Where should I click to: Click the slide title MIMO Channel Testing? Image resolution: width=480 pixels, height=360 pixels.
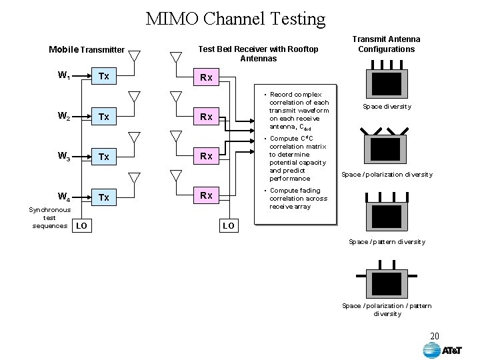coord(236,19)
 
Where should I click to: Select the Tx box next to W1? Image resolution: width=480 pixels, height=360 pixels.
coord(103,76)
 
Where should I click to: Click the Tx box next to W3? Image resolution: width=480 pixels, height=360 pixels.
coord(103,157)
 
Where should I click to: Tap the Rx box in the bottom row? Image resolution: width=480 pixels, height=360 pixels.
coord(206,195)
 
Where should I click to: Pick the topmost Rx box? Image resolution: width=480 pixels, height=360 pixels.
coord(206,77)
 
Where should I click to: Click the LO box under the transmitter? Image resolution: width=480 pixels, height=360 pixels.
coord(81,226)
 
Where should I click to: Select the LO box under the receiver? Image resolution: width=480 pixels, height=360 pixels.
coord(228,226)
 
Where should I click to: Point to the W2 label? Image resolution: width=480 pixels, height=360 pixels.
coord(64,117)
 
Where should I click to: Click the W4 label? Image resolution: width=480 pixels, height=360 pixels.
coord(64,197)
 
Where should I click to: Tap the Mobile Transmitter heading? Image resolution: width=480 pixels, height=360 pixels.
coord(87,49)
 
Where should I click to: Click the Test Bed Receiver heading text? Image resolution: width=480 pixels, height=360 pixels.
coord(259,53)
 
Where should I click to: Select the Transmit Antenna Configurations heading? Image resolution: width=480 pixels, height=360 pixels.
coord(386,44)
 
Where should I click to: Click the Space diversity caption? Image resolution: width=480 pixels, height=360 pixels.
coord(387,107)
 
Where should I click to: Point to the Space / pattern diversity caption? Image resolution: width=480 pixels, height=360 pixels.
coord(387,241)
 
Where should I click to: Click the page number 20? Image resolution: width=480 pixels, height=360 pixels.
coord(435,335)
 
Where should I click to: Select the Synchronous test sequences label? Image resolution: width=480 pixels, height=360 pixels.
coord(49,217)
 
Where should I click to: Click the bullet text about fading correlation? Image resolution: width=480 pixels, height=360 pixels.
coord(299,199)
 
